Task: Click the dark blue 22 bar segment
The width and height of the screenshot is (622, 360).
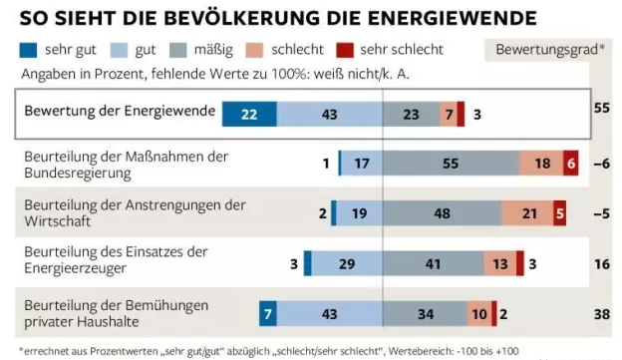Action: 249,115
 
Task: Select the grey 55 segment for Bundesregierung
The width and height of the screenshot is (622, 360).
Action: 451,164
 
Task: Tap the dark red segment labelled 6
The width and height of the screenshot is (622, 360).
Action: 571,164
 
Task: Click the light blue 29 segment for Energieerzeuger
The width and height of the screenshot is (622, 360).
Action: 347,263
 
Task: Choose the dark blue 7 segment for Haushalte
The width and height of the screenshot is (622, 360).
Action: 268,313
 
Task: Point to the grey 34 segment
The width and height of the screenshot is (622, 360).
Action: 425,313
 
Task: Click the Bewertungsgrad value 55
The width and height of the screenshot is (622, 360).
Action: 602,108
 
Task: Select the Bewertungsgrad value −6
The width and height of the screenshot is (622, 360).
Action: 602,164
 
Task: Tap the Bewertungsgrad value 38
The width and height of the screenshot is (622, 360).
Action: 602,314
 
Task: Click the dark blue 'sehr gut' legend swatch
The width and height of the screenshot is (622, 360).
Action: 28,51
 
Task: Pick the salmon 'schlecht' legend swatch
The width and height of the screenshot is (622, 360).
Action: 254,51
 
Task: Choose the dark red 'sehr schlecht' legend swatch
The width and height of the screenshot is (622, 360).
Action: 345,51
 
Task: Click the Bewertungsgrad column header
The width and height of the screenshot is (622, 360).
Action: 550,50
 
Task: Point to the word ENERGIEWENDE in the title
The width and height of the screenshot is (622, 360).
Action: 453,18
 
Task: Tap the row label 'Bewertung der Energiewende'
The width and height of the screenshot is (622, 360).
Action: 120,111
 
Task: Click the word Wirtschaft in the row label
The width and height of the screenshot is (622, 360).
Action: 58,221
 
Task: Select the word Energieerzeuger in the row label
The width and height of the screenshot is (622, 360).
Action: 76,268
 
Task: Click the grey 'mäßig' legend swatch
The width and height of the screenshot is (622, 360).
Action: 177,51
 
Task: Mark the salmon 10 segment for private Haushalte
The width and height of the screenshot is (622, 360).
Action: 479,313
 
